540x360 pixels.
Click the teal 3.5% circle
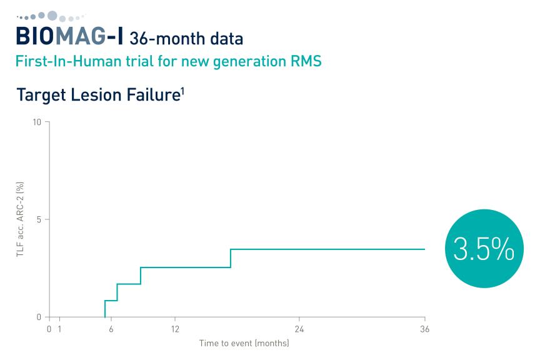484,248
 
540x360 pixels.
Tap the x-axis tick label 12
175,329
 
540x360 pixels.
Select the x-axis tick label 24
299,329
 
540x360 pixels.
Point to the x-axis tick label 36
424,329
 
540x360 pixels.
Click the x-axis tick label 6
111,329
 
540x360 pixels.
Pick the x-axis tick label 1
59,329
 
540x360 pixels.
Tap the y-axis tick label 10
36,122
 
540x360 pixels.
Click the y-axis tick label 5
39,219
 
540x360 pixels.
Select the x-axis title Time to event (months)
244,343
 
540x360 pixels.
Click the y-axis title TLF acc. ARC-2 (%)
20,219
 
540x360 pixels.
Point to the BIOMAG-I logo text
69,36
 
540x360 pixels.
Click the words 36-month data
186,39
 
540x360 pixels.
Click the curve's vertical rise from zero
105,309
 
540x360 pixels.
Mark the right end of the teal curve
424,249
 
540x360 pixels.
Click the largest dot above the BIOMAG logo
52,16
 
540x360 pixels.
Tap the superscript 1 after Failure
182,91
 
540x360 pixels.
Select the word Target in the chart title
41,96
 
